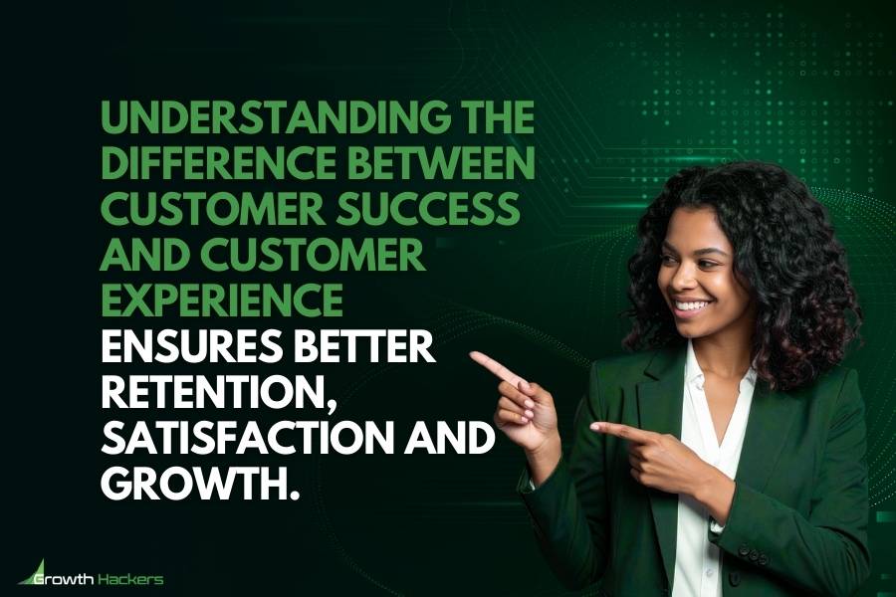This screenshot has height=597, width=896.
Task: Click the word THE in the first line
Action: coord(497,124)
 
